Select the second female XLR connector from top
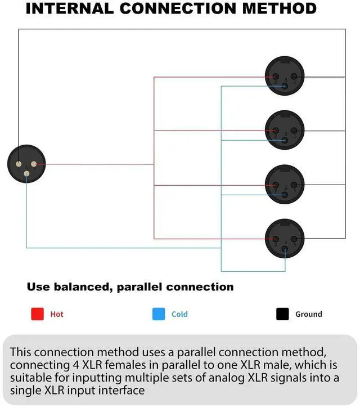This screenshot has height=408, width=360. pyautogui.click(x=285, y=131)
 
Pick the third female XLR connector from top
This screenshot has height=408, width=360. pyautogui.click(x=285, y=185)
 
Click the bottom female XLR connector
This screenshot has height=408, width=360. pyautogui.click(x=285, y=239)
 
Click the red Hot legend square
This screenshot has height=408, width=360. pyautogui.click(x=37, y=314)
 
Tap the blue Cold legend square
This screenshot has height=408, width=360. pyautogui.click(x=159, y=314)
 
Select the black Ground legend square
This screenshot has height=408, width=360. pyautogui.click(x=282, y=314)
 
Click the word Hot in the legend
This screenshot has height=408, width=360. pyautogui.click(x=57, y=314)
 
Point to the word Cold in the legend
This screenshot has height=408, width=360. pyautogui.click(x=179, y=314)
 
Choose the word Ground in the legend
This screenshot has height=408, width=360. pyautogui.click(x=309, y=314)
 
